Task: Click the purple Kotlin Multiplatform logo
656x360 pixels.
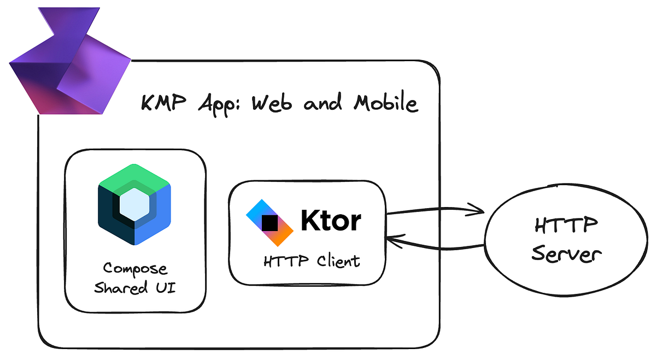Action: (x=68, y=63)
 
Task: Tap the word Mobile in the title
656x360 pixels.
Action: (x=385, y=103)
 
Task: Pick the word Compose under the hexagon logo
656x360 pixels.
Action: (x=136, y=269)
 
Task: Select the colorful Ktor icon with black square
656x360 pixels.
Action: (x=270, y=222)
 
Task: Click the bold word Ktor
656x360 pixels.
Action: (x=331, y=221)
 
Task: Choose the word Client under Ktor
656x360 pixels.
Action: (x=338, y=261)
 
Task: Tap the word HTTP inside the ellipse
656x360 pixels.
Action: (x=566, y=226)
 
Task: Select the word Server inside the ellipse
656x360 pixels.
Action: (x=567, y=255)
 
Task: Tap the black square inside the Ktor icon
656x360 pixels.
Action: (x=270, y=223)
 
